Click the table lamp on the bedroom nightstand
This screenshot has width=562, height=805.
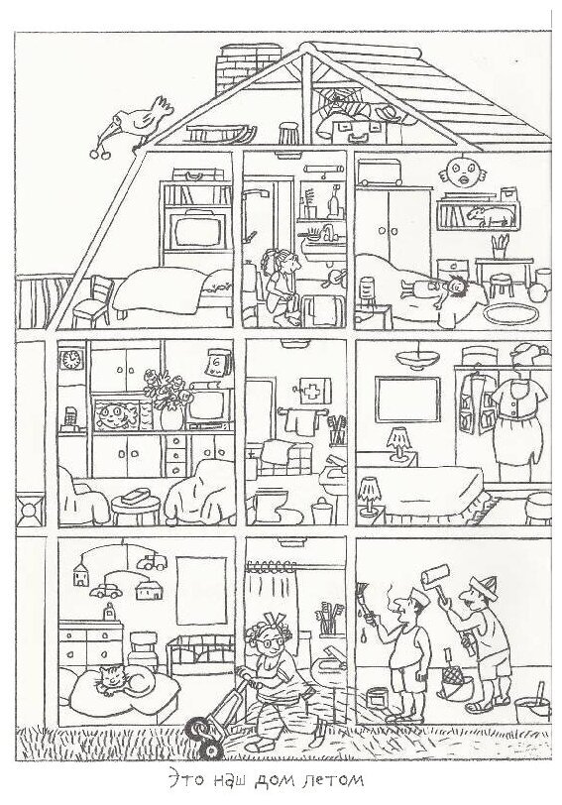398,442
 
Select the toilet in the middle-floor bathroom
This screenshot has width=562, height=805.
270,506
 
